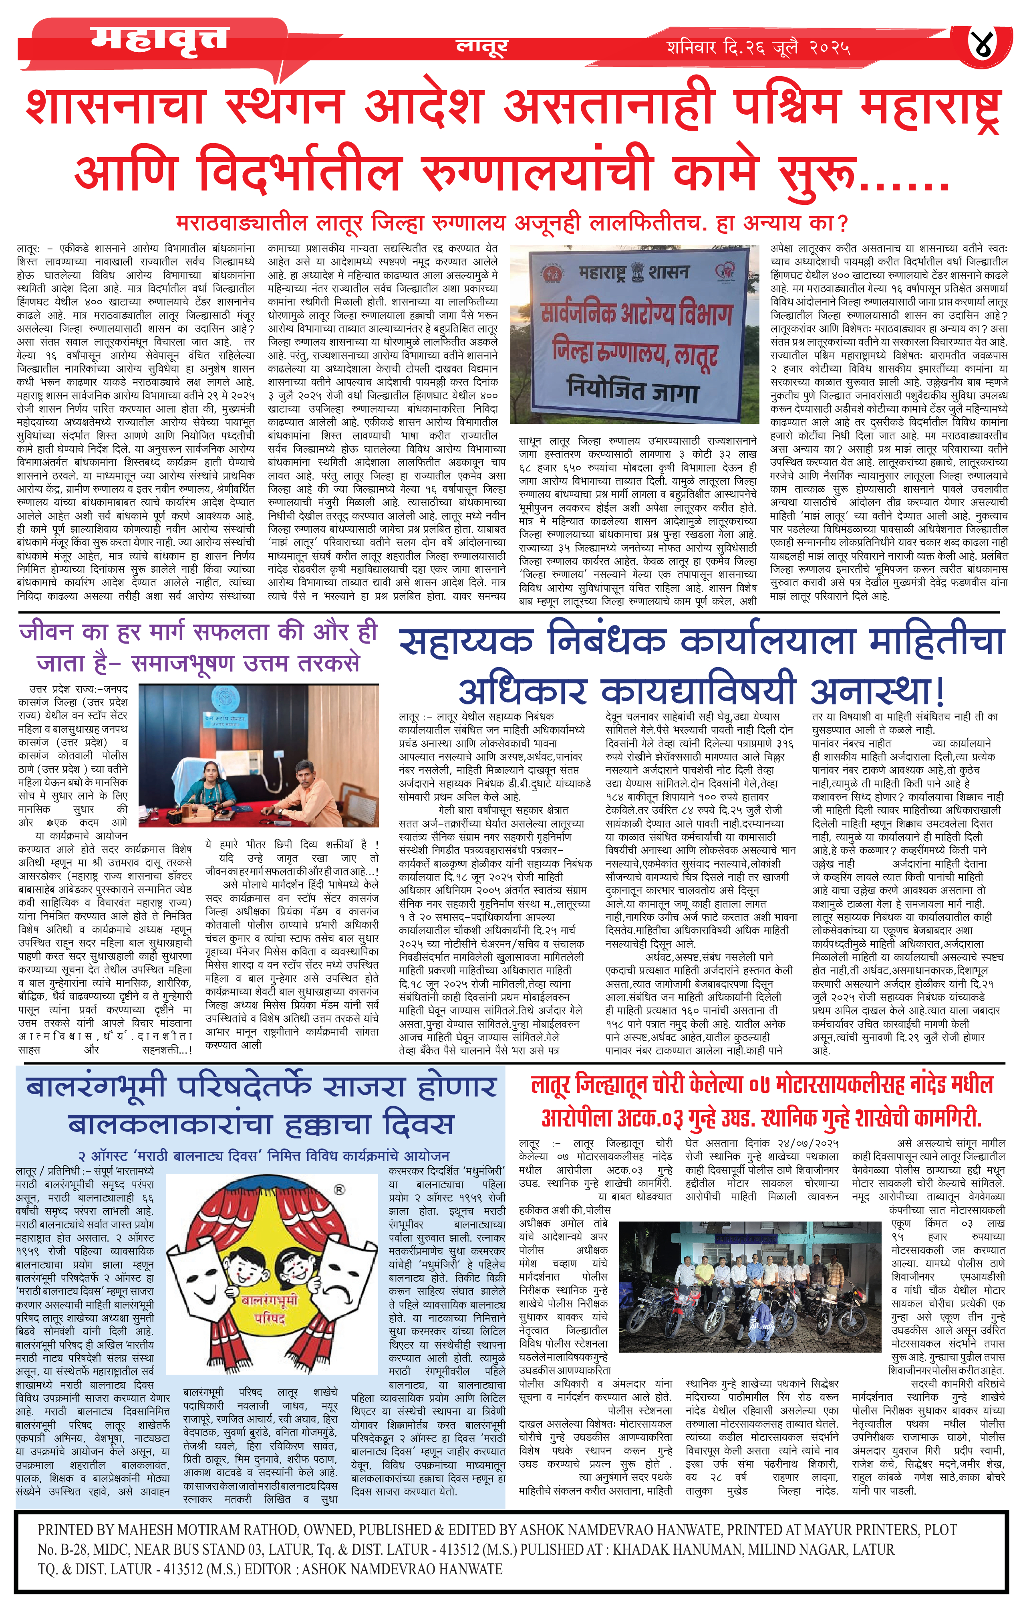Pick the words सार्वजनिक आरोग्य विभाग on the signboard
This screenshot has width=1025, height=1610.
pyautogui.click(x=636, y=312)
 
